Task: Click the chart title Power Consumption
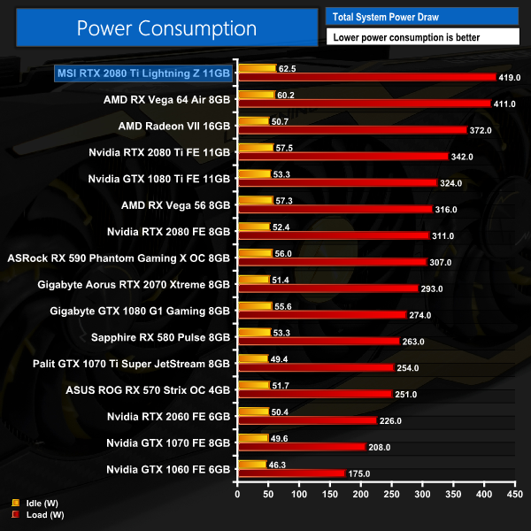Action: click(x=166, y=27)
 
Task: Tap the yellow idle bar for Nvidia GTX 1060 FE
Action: click(x=251, y=464)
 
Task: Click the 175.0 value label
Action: click(x=359, y=473)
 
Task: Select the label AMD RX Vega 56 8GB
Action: click(x=175, y=205)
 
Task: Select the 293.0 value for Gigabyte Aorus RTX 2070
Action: click(x=434, y=289)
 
